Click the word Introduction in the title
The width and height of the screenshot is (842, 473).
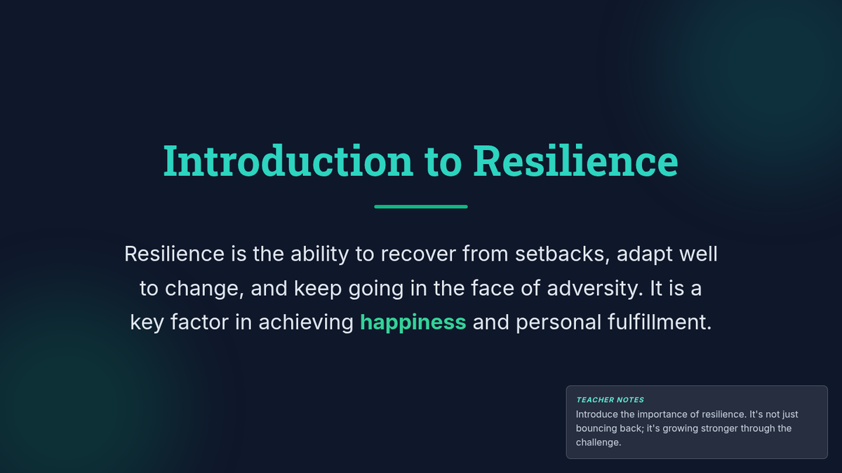tap(288, 160)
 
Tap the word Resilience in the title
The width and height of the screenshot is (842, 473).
tap(575, 160)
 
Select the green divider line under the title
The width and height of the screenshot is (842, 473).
tap(421, 207)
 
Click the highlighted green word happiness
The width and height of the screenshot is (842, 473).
tap(413, 322)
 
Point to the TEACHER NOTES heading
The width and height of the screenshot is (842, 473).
tap(610, 400)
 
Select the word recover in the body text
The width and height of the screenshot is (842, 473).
tap(418, 254)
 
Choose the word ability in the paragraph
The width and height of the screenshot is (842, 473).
tap(320, 254)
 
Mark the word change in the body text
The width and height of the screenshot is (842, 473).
tap(204, 288)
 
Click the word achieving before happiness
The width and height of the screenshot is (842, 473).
tap(306, 322)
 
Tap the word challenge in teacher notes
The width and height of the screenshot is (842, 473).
tap(599, 442)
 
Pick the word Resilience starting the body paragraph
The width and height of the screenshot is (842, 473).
tap(175, 254)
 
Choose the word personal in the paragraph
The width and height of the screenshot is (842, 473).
tap(559, 322)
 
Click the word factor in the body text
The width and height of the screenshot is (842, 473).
tap(199, 322)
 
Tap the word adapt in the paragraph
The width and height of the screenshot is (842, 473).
tap(644, 254)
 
